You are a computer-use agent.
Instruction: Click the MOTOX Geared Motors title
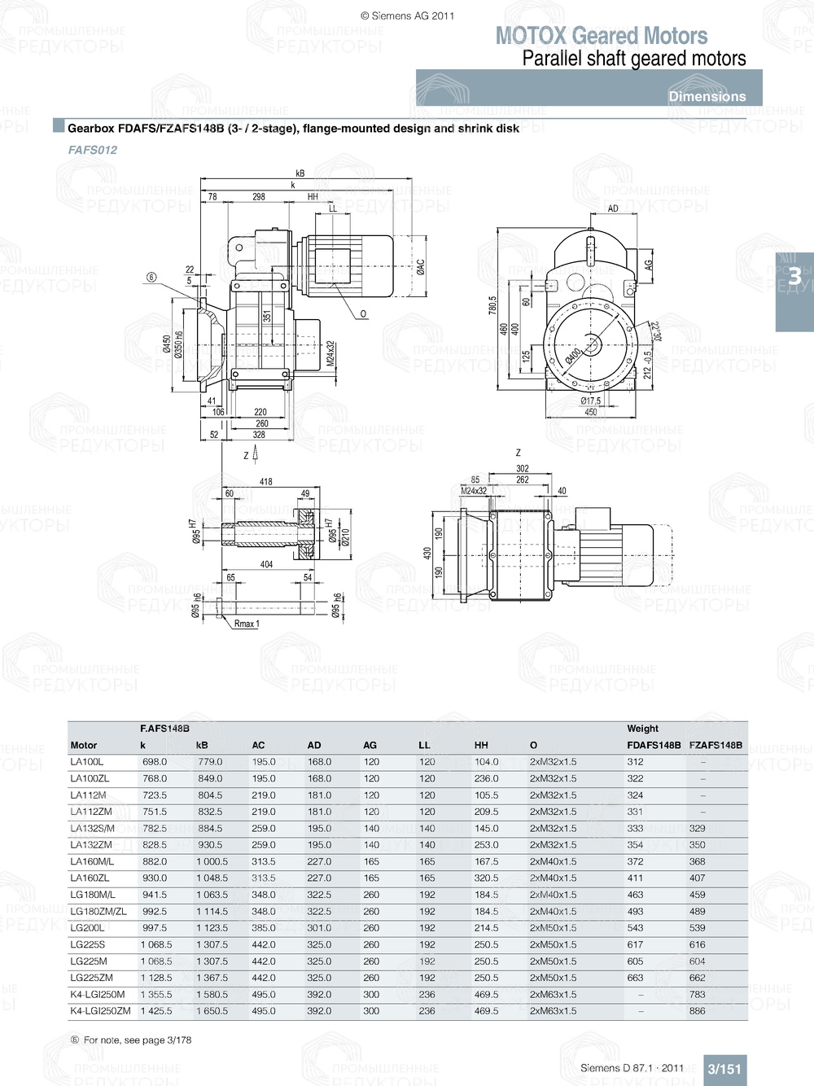tap(601, 36)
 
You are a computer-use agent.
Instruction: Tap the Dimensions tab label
tap(707, 96)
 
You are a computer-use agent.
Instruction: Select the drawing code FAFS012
tap(93, 150)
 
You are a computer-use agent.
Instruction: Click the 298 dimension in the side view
tap(259, 197)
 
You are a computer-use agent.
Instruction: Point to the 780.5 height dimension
tap(492, 305)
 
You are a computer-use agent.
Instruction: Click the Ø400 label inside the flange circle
tap(573, 356)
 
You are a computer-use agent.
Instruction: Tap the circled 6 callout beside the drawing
tap(151, 278)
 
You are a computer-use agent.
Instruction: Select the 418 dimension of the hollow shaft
tap(265, 482)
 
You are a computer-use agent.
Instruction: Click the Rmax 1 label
tap(246, 624)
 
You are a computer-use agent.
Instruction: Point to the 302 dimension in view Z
tap(522, 469)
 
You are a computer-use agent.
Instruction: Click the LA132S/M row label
tap(92, 828)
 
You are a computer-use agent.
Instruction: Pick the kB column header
tap(202, 745)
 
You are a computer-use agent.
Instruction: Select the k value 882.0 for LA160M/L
tap(154, 861)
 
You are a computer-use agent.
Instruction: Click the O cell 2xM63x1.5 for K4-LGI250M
tap(553, 994)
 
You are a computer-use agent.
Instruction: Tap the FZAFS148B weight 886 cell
tap(697, 1011)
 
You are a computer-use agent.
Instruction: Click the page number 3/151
tap(724, 1069)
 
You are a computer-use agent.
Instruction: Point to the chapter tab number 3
tap(794, 277)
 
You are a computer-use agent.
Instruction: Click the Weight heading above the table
tap(642, 729)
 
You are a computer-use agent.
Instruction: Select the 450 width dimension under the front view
tap(590, 412)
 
